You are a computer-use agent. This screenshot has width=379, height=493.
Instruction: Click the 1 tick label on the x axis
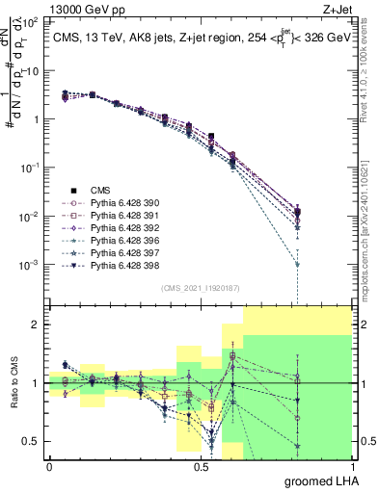coord(351,466)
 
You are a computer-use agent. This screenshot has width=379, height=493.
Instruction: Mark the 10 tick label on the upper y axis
coord(34,71)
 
